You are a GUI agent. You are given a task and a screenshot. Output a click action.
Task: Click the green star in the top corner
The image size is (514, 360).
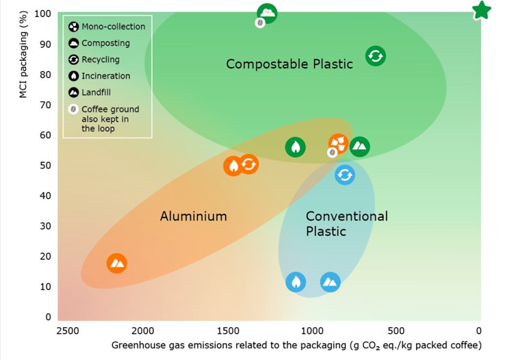pos(482,10)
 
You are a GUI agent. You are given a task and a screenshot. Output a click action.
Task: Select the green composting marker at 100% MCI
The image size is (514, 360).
pos(267,13)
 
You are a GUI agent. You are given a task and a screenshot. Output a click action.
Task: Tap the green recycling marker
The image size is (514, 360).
pos(376,55)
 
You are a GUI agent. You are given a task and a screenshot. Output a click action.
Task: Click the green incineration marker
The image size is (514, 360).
pos(296,147)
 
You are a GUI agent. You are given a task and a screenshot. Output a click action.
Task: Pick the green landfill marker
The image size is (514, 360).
pos(359,146)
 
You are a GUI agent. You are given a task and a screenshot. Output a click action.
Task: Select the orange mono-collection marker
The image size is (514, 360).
pos(338,144)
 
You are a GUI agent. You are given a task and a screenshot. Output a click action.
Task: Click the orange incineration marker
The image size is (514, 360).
pos(233,166)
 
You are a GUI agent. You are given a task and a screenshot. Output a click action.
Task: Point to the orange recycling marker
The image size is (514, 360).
pos(248,164)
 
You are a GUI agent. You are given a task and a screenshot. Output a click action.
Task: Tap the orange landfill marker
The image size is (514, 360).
pos(117,263)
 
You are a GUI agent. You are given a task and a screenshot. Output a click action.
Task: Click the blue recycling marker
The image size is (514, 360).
pos(345,175)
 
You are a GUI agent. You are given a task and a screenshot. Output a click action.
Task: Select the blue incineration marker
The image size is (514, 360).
pos(296,282)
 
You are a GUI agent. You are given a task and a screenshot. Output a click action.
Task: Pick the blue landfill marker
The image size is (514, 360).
pos(330,282)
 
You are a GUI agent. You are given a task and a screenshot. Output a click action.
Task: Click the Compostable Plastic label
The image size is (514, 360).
pos(290,64)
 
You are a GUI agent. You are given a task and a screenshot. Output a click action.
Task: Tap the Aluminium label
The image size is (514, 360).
pos(194,216)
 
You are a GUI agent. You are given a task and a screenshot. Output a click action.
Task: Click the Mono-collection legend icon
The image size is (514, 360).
pos(73,27)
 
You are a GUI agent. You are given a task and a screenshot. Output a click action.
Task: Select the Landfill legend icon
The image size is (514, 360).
pos(73,92)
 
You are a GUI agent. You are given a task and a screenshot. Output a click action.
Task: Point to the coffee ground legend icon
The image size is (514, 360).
pos(73,110)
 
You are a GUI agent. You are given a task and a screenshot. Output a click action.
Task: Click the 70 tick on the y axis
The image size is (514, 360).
pos(46,105)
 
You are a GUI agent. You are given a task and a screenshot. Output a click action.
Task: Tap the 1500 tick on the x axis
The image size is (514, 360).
pos(228,331)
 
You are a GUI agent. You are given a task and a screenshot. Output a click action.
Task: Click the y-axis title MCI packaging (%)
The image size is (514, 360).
pos(23,55)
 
